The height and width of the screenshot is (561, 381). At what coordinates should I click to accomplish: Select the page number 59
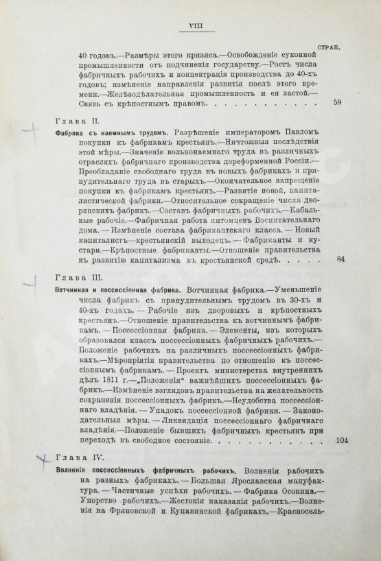point(336,103)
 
